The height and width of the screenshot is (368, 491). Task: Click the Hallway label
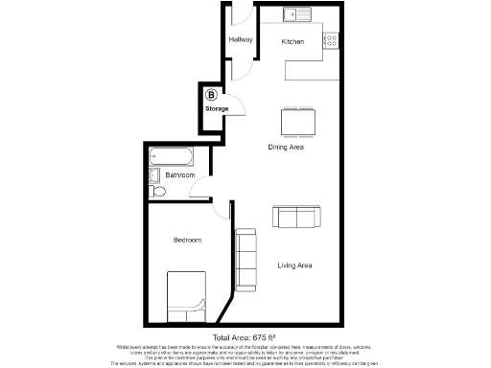(240, 40)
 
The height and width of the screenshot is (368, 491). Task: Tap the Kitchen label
(292, 42)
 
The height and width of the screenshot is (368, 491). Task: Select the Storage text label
(217, 108)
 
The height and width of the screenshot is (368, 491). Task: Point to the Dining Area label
(286, 147)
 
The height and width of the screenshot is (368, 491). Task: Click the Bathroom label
(180, 176)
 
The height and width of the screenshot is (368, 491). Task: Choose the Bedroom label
(187, 239)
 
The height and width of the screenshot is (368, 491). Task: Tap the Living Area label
(295, 264)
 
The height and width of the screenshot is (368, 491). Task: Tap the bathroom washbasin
(154, 175)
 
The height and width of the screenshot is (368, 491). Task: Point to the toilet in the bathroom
(159, 193)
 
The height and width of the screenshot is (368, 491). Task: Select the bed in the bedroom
(186, 294)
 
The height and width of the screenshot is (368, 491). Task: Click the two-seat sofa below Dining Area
(295, 218)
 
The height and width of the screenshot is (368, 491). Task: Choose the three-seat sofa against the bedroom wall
(246, 261)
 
